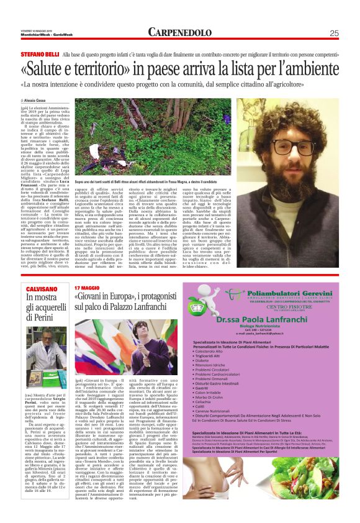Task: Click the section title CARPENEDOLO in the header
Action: pyautogui.click(x=181, y=33)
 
